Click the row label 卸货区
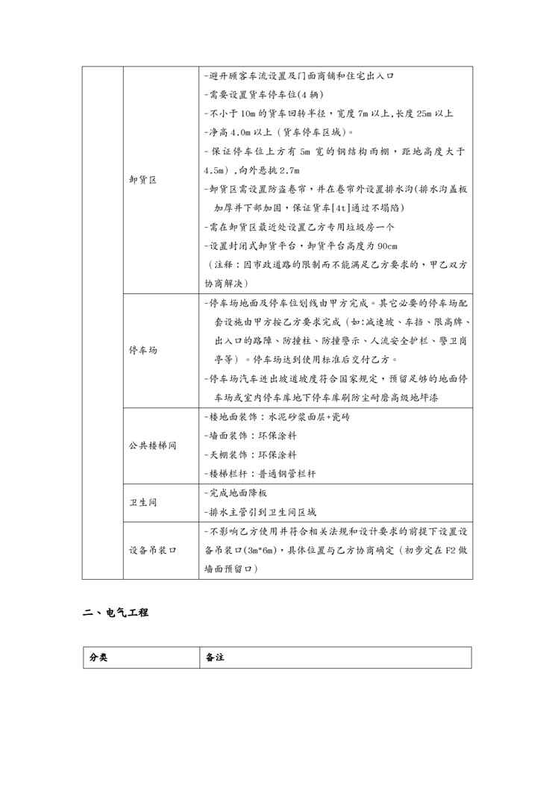pyautogui.click(x=142, y=180)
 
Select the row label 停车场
pyautogui.click(x=142, y=350)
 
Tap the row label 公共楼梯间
pyautogui.click(x=152, y=445)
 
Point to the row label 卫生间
pyautogui.click(x=142, y=502)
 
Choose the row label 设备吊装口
pyautogui.click(x=152, y=550)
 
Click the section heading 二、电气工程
pyautogui.click(x=116, y=613)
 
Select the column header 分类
pyautogui.click(x=98, y=657)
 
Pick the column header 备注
pyautogui.click(x=216, y=657)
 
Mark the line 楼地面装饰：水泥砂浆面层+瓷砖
pyautogui.click(x=277, y=416)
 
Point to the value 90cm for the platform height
pyautogui.click(x=387, y=246)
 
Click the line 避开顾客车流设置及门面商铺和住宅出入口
pyautogui.click(x=298, y=76)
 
